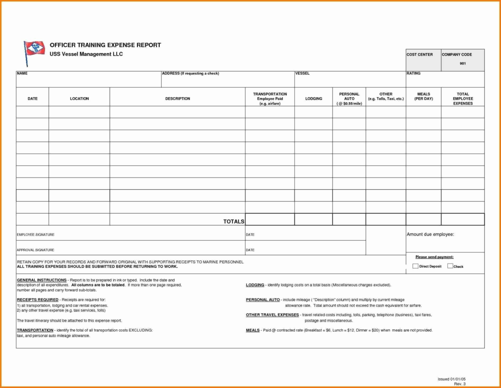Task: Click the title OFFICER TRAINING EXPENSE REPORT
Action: [x=105, y=45]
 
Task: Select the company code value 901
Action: [x=463, y=64]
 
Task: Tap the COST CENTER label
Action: [x=419, y=54]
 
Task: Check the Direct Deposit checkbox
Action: [x=415, y=266]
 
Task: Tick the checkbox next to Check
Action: [x=450, y=266]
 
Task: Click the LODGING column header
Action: [x=314, y=98]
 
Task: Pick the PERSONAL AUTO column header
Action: [x=349, y=98]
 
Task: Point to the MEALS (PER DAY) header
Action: [x=423, y=96]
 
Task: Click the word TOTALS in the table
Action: [x=234, y=222]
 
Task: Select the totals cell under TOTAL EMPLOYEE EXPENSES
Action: [x=463, y=220]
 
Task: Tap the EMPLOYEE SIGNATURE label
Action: [x=36, y=235]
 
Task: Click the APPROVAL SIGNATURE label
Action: [x=36, y=250]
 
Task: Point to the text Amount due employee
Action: [x=430, y=234]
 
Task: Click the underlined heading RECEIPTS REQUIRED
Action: [x=38, y=300]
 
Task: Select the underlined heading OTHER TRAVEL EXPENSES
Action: [x=272, y=315]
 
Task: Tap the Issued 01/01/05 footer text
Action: [x=451, y=379]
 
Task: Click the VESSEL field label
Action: [x=302, y=74]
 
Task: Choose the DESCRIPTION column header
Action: [x=177, y=98]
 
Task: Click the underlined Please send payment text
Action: [x=434, y=257]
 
